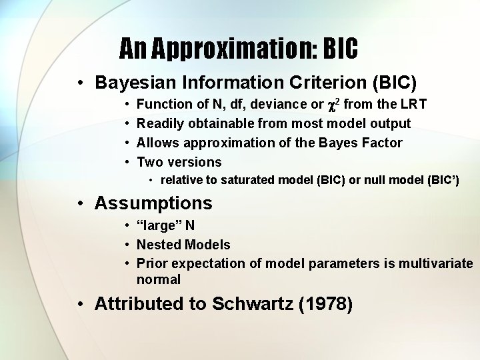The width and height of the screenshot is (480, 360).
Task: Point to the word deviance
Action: point(276,104)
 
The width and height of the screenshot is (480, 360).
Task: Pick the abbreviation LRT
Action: point(413,104)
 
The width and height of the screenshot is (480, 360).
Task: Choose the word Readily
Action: point(161,123)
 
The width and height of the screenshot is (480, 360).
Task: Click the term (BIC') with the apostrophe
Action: point(441,181)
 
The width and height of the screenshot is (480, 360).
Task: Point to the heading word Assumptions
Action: point(153,203)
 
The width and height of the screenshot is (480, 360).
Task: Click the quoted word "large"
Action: point(157,226)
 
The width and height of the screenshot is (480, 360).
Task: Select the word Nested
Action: point(157,245)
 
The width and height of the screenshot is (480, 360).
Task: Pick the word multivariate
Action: point(436,264)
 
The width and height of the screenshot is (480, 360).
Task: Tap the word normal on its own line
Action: point(159,280)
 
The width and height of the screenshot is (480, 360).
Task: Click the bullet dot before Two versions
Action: point(127,162)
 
